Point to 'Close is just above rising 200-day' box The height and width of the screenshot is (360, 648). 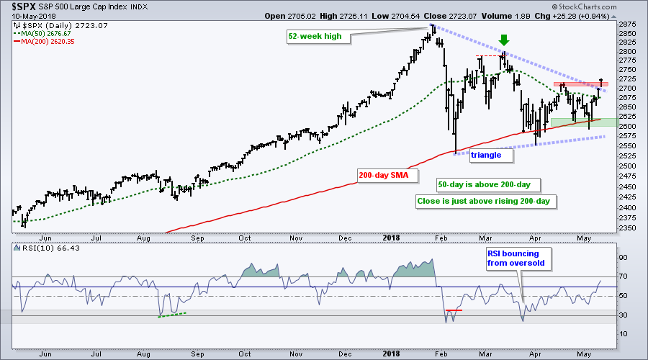(x=482, y=201)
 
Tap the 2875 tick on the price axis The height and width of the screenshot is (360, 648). (x=627, y=24)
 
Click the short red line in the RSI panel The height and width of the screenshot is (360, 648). (x=453, y=310)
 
